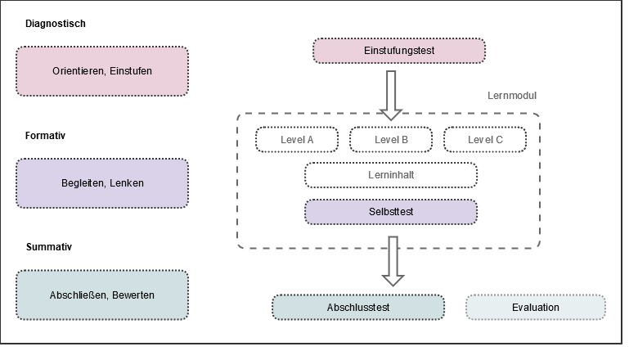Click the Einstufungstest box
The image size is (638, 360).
click(x=399, y=51)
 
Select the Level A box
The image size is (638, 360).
click(x=297, y=140)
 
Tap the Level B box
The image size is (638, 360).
click(x=391, y=140)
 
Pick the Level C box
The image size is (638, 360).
click(x=485, y=140)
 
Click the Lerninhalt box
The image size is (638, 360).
click(x=391, y=175)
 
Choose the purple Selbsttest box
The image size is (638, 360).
click(x=391, y=211)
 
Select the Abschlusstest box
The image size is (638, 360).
click(x=358, y=308)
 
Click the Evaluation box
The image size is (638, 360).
click(x=536, y=308)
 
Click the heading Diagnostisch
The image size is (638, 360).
click(x=55, y=24)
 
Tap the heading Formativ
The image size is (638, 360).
click(x=45, y=136)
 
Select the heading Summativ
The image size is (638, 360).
click(x=47, y=246)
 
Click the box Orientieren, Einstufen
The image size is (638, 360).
click(x=102, y=71)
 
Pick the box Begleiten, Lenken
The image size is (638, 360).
click(x=102, y=183)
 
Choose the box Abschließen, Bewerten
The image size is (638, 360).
click(x=102, y=295)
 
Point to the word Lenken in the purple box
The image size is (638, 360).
click(x=128, y=183)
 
